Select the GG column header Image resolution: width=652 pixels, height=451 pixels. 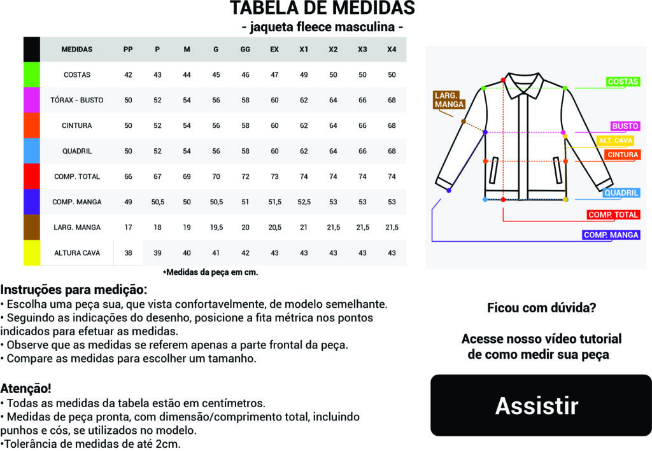click(x=245, y=49)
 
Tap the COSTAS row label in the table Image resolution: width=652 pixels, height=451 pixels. click(x=77, y=74)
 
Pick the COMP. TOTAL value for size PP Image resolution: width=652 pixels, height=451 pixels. click(x=128, y=176)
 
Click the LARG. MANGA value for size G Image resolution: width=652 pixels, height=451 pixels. click(x=216, y=227)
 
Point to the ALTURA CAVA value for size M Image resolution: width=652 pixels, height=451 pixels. click(x=187, y=253)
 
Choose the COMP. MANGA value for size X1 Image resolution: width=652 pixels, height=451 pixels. click(x=304, y=202)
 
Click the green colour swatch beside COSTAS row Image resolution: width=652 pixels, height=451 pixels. click(x=32, y=74)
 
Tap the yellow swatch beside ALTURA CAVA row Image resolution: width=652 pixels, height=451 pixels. click(x=32, y=253)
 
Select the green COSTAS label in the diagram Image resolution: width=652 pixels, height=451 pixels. click(x=623, y=82)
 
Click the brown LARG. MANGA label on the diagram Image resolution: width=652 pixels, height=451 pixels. click(x=449, y=100)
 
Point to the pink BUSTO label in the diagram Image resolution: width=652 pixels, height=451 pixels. click(x=625, y=126)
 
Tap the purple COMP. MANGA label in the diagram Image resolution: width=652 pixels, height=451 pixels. click(x=611, y=235)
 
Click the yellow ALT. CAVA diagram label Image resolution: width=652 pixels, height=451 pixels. click(x=614, y=140)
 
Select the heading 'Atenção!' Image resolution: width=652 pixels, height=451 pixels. click(x=26, y=388)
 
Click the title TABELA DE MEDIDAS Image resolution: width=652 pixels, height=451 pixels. click(x=322, y=8)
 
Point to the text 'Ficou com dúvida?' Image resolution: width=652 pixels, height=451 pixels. click(x=541, y=308)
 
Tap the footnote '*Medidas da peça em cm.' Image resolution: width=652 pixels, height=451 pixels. click(x=210, y=272)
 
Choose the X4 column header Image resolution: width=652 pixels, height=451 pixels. click(x=392, y=49)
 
